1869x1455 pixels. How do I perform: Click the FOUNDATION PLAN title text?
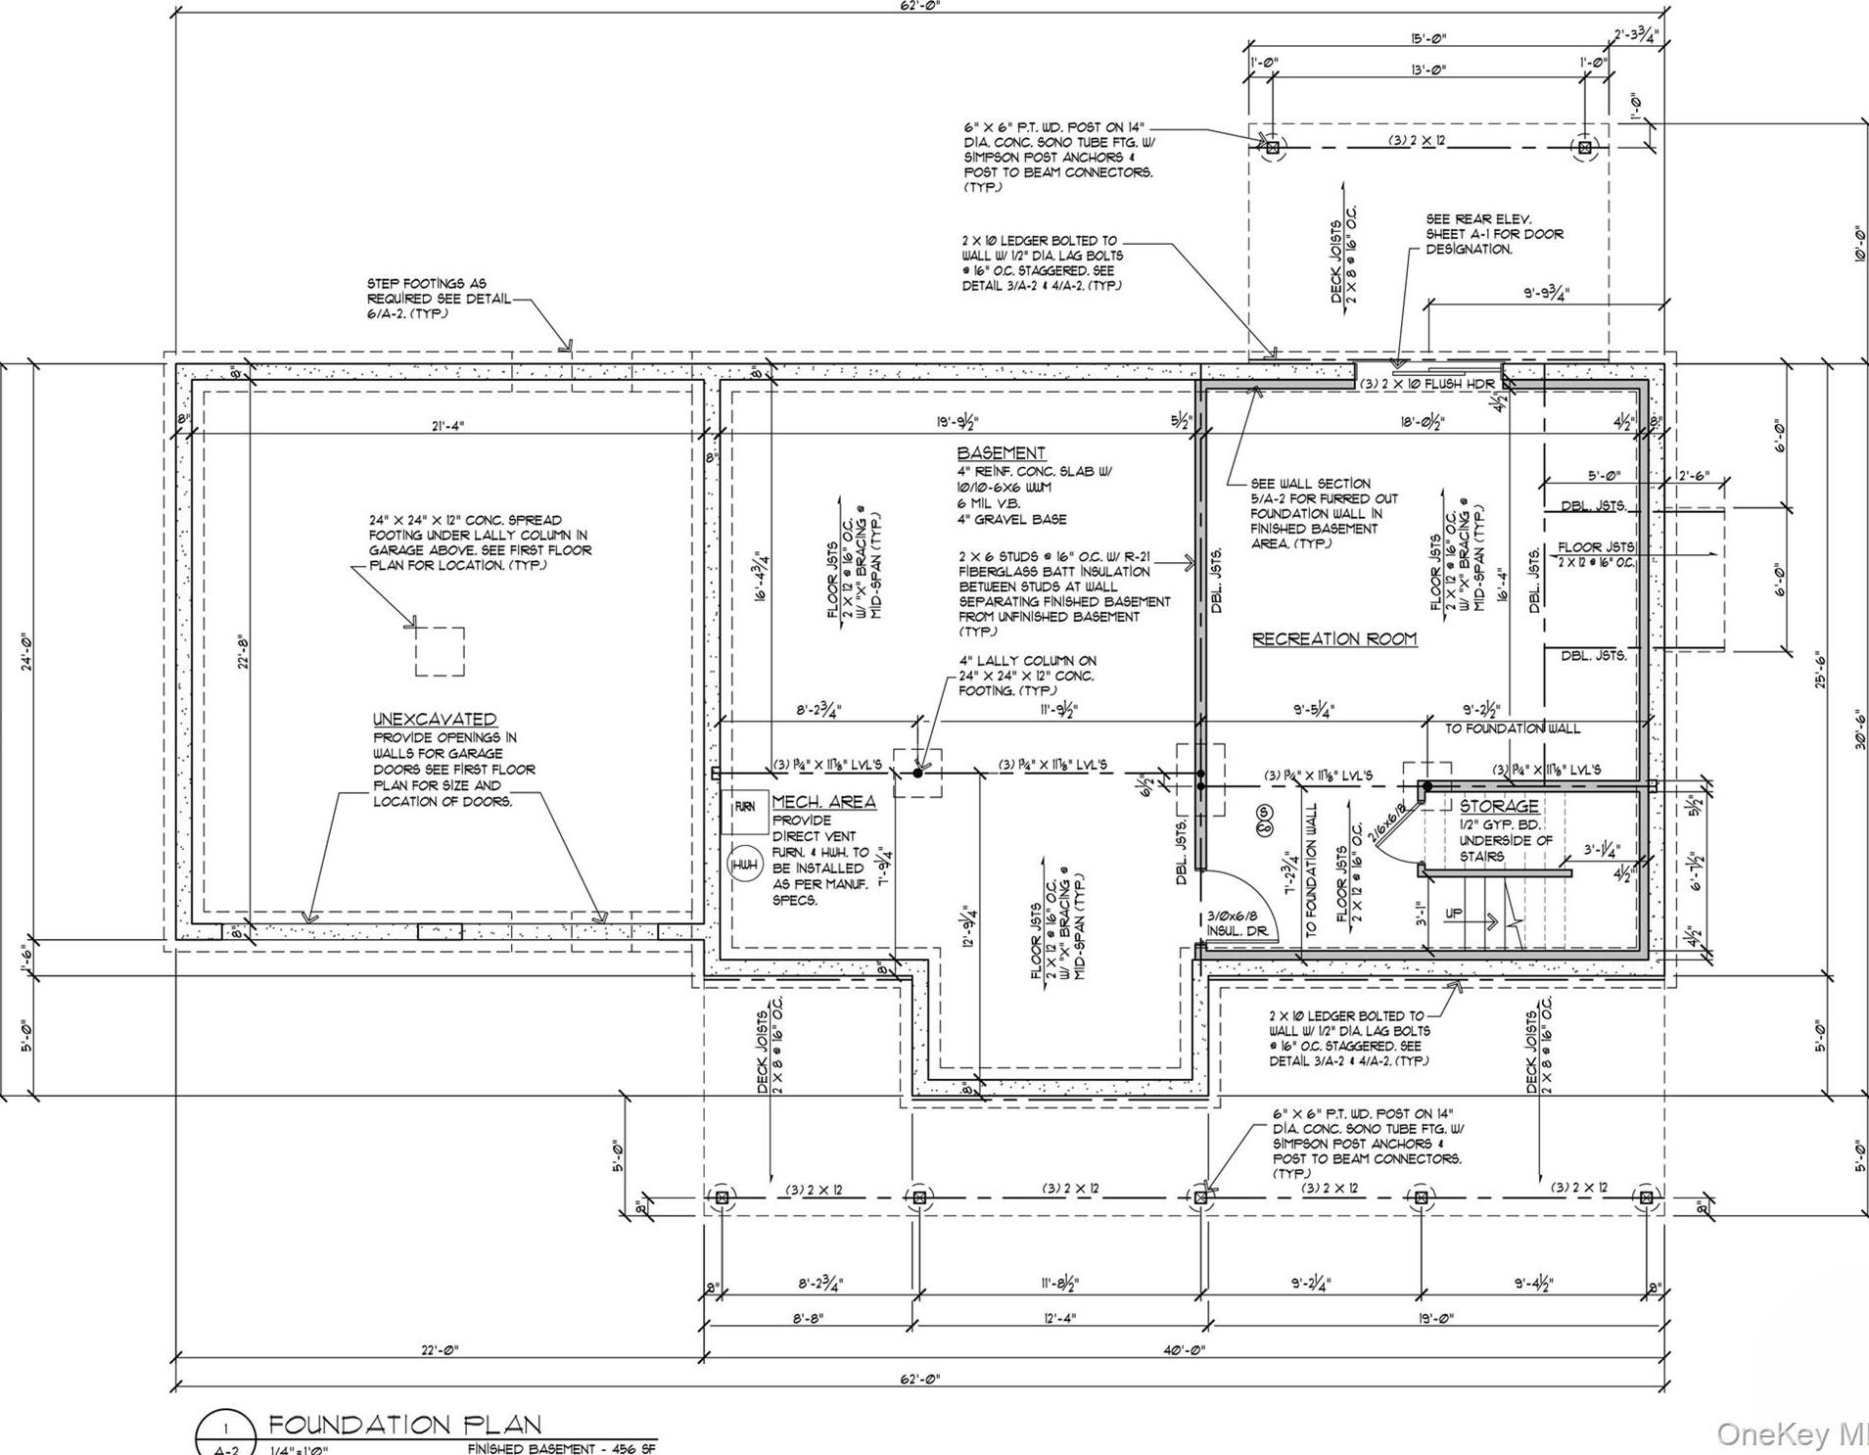pyautogui.click(x=404, y=1424)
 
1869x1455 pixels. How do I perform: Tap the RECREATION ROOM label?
pyautogui.click(x=1334, y=639)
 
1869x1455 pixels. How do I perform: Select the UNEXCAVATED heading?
pyautogui.click(x=435, y=719)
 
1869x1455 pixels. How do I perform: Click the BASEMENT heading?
pyautogui.click(x=1001, y=453)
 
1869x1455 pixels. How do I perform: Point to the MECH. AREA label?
pyautogui.click(x=823, y=802)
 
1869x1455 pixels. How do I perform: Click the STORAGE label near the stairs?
pyautogui.click(x=1499, y=806)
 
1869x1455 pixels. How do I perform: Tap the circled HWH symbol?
pyautogui.click(x=742, y=866)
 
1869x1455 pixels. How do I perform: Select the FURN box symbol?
pyautogui.click(x=744, y=807)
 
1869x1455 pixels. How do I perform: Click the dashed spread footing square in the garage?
pyautogui.click(x=440, y=651)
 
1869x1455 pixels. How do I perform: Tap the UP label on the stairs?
pyautogui.click(x=1454, y=914)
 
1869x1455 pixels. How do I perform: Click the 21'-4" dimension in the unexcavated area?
pyautogui.click(x=446, y=425)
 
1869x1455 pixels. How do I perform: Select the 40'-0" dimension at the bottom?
pyautogui.click(x=1185, y=1350)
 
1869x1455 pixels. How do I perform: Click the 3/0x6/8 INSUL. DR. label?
pyautogui.click(x=1237, y=923)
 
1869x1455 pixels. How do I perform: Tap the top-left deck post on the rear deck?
pyautogui.click(x=1272, y=148)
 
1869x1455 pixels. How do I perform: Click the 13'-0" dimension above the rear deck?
pyautogui.click(x=1428, y=70)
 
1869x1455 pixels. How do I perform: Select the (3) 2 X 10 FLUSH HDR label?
pyautogui.click(x=1429, y=385)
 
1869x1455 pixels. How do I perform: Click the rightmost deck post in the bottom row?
pyautogui.click(x=1646, y=1197)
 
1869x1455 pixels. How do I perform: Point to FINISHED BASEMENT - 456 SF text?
pyautogui.click(x=561, y=1448)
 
